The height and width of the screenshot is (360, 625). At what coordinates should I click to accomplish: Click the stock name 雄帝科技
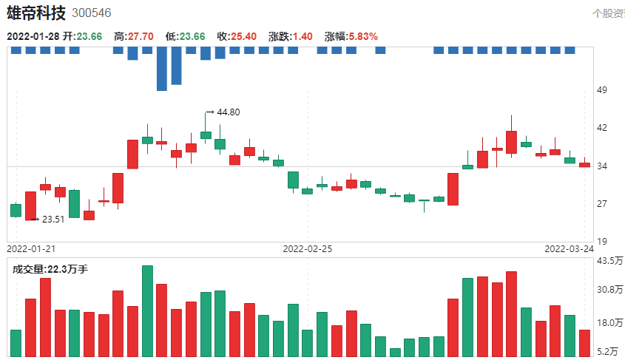[x=36, y=13]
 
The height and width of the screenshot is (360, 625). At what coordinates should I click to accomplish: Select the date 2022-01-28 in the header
[x=33, y=36]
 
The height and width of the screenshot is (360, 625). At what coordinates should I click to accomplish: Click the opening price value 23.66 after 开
[x=89, y=36]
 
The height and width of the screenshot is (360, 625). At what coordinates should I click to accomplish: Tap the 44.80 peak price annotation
[x=227, y=112]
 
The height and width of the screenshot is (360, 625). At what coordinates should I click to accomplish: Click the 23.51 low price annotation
[x=53, y=220]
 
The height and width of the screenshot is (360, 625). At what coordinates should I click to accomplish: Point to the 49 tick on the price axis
[x=601, y=91]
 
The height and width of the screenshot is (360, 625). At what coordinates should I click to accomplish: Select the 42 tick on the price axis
[x=601, y=128]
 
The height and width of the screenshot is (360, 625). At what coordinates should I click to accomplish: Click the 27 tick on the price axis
[x=601, y=204]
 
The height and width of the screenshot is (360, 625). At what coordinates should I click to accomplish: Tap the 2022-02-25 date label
[x=308, y=249]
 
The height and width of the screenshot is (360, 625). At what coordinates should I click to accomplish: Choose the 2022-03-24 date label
[x=570, y=249]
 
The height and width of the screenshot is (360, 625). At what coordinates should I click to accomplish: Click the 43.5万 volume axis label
[x=609, y=261]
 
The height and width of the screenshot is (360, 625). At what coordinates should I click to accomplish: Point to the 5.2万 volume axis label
[x=609, y=351]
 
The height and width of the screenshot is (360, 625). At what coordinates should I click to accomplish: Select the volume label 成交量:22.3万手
[x=50, y=270]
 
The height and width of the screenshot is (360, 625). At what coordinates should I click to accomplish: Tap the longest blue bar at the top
[x=162, y=69]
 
